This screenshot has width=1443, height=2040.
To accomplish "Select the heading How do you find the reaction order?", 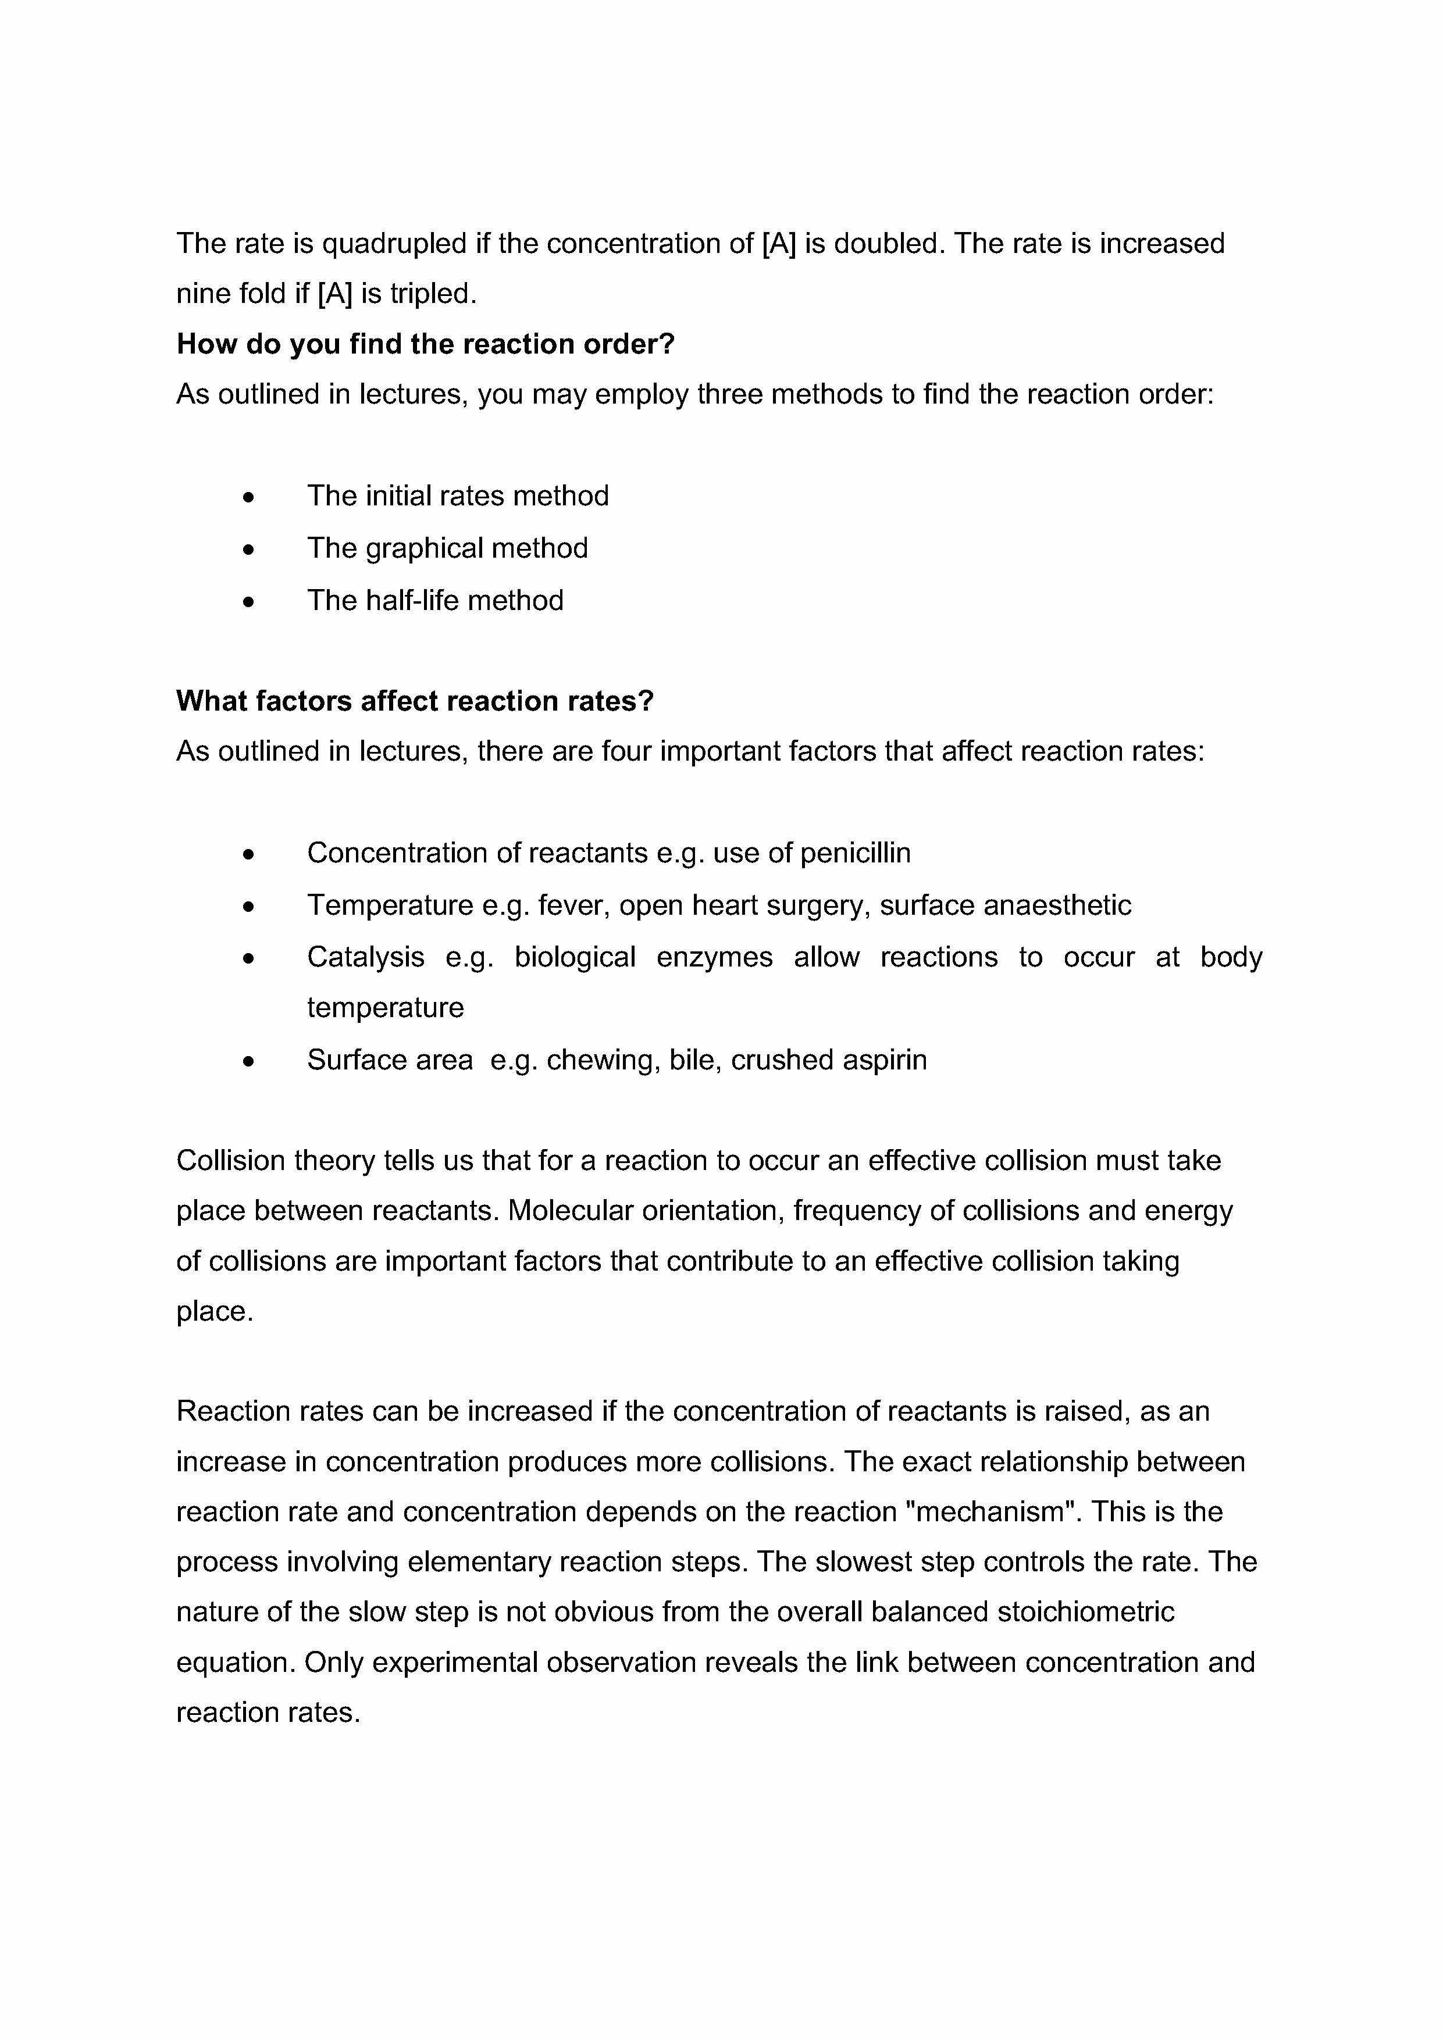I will [426, 344].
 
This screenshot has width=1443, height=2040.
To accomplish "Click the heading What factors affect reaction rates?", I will [415, 701].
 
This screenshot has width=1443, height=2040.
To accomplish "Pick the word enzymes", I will [714, 957].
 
